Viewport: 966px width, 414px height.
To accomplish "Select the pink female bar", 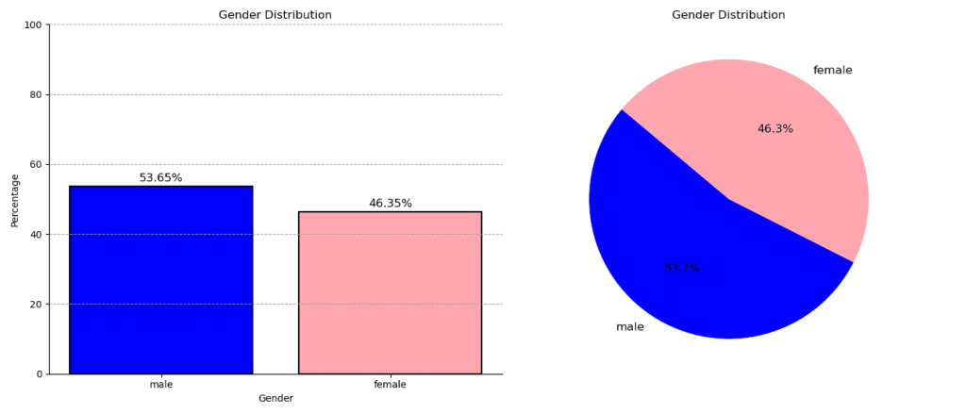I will pyautogui.click(x=390, y=292).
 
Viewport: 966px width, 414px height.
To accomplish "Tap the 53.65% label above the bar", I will pyautogui.click(x=160, y=177).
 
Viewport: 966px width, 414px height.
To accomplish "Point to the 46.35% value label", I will pyautogui.click(x=390, y=203).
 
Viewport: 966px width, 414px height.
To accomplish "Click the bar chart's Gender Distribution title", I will pyautogui.click(x=275, y=14).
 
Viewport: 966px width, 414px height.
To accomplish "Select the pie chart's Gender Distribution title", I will pyautogui.click(x=728, y=14).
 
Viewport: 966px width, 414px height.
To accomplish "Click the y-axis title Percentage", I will pyautogui.click(x=14, y=199).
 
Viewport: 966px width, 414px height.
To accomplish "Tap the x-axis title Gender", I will pyautogui.click(x=275, y=399).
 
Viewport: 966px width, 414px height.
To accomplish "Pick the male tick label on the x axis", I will pyautogui.click(x=160, y=385).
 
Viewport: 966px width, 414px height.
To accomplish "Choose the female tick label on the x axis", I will pyautogui.click(x=390, y=385).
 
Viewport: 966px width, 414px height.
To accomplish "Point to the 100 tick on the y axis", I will pyautogui.click(x=32, y=25).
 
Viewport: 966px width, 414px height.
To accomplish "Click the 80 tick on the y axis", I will pyautogui.click(x=35, y=94).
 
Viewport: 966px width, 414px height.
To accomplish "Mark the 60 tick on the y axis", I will pyautogui.click(x=35, y=164).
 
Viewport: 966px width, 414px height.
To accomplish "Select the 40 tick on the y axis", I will pyautogui.click(x=35, y=234).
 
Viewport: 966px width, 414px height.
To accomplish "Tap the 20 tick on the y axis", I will pyautogui.click(x=35, y=304).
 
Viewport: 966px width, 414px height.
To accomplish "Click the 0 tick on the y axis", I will pyautogui.click(x=38, y=373).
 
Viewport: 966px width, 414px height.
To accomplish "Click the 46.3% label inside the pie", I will pyautogui.click(x=775, y=129).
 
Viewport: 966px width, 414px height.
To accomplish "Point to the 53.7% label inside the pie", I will pyautogui.click(x=682, y=268).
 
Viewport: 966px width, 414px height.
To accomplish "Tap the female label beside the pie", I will pyautogui.click(x=832, y=70).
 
